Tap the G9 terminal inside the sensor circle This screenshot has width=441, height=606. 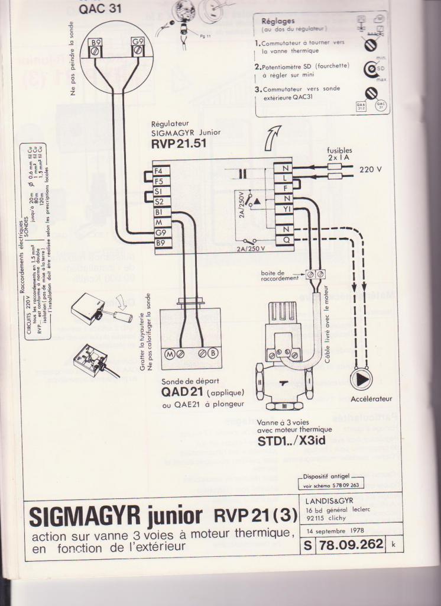137,43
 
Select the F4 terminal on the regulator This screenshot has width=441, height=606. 159,170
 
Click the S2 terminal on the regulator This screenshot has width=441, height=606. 159,201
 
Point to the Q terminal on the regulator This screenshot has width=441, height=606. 286,240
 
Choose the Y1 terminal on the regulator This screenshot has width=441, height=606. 286,209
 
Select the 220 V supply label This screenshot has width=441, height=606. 371,169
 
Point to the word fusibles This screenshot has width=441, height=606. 339,150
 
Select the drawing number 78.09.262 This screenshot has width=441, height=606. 351,544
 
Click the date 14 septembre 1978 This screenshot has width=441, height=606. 335,530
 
